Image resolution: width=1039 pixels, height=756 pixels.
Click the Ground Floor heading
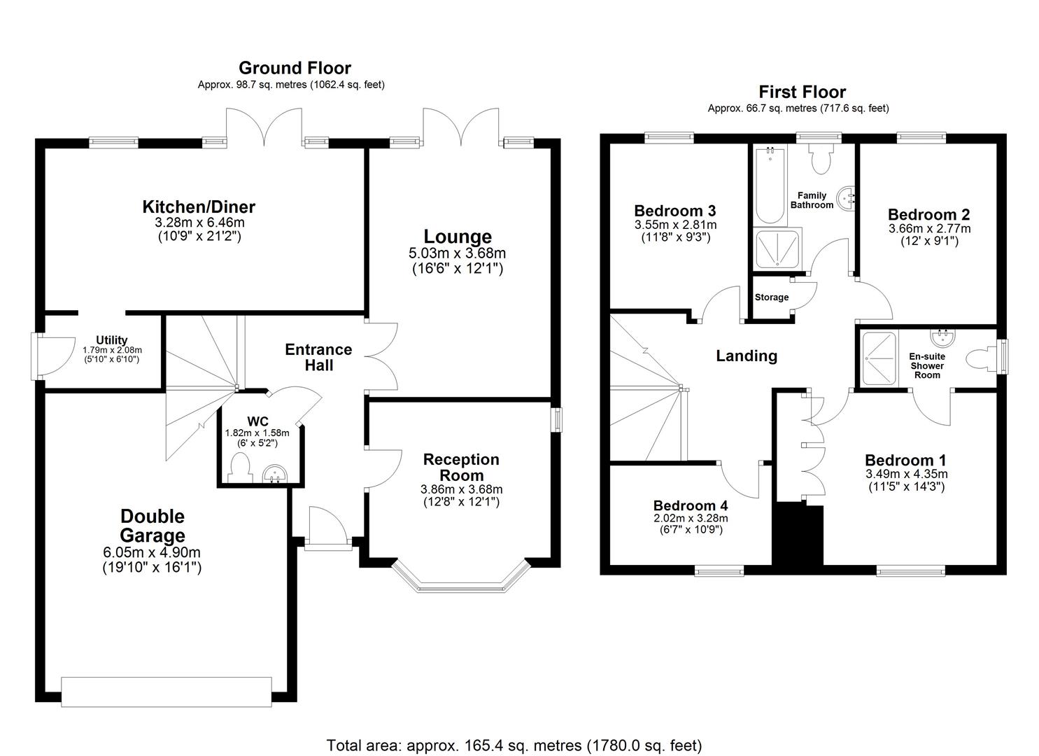click(x=295, y=68)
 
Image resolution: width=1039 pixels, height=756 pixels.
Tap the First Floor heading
click(x=802, y=92)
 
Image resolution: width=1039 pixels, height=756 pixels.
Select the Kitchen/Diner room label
click(x=199, y=207)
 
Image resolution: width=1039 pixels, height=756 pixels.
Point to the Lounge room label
click(x=458, y=237)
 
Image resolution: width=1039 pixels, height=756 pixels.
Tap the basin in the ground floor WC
click(x=276, y=475)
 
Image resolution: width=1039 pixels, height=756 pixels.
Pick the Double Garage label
click(x=153, y=526)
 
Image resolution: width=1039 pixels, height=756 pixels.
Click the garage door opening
click(x=167, y=692)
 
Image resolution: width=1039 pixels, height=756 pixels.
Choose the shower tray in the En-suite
click(x=879, y=358)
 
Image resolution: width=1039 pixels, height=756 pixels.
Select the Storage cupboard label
click(x=772, y=297)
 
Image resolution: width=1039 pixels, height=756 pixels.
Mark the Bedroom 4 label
click(x=691, y=505)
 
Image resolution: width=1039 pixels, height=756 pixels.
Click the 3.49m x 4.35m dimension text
click(x=906, y=474)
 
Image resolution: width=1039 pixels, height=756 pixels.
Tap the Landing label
click(x=747, y=356)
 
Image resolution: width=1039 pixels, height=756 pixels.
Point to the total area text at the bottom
click(x=514, y=745)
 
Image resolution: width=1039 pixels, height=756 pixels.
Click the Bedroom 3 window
click(x=669, y=138)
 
